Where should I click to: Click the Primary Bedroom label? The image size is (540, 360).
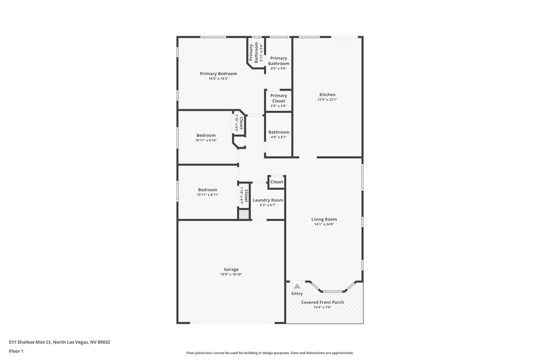(x=219, y=73)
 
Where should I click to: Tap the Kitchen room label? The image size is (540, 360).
(x=327, y=95)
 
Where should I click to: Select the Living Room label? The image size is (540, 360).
(x=324, y=219)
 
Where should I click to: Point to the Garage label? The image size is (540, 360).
(x=232, y=269)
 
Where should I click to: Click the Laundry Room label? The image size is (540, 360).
(x=268, y=200)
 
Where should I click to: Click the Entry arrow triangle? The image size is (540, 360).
(x=296, y=286)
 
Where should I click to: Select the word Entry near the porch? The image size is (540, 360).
(x=297, y=294)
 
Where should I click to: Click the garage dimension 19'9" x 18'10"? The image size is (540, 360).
(x=232, y=274)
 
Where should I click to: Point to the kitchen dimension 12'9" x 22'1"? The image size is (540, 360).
(x=327, y=100)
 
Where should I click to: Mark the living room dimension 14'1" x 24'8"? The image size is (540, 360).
(x=324, y=224)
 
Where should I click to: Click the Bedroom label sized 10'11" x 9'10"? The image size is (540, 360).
(x=206, y=135)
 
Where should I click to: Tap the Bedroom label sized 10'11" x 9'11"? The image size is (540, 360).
(x=207, y=190)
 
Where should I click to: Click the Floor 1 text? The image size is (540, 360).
(x=17, y=351)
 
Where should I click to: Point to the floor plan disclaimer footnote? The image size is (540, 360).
(x=269, y=353)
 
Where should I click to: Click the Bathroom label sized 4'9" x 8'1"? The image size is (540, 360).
(x=279, y=132)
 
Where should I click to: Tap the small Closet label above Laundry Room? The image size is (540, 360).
(x=277, y=182)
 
